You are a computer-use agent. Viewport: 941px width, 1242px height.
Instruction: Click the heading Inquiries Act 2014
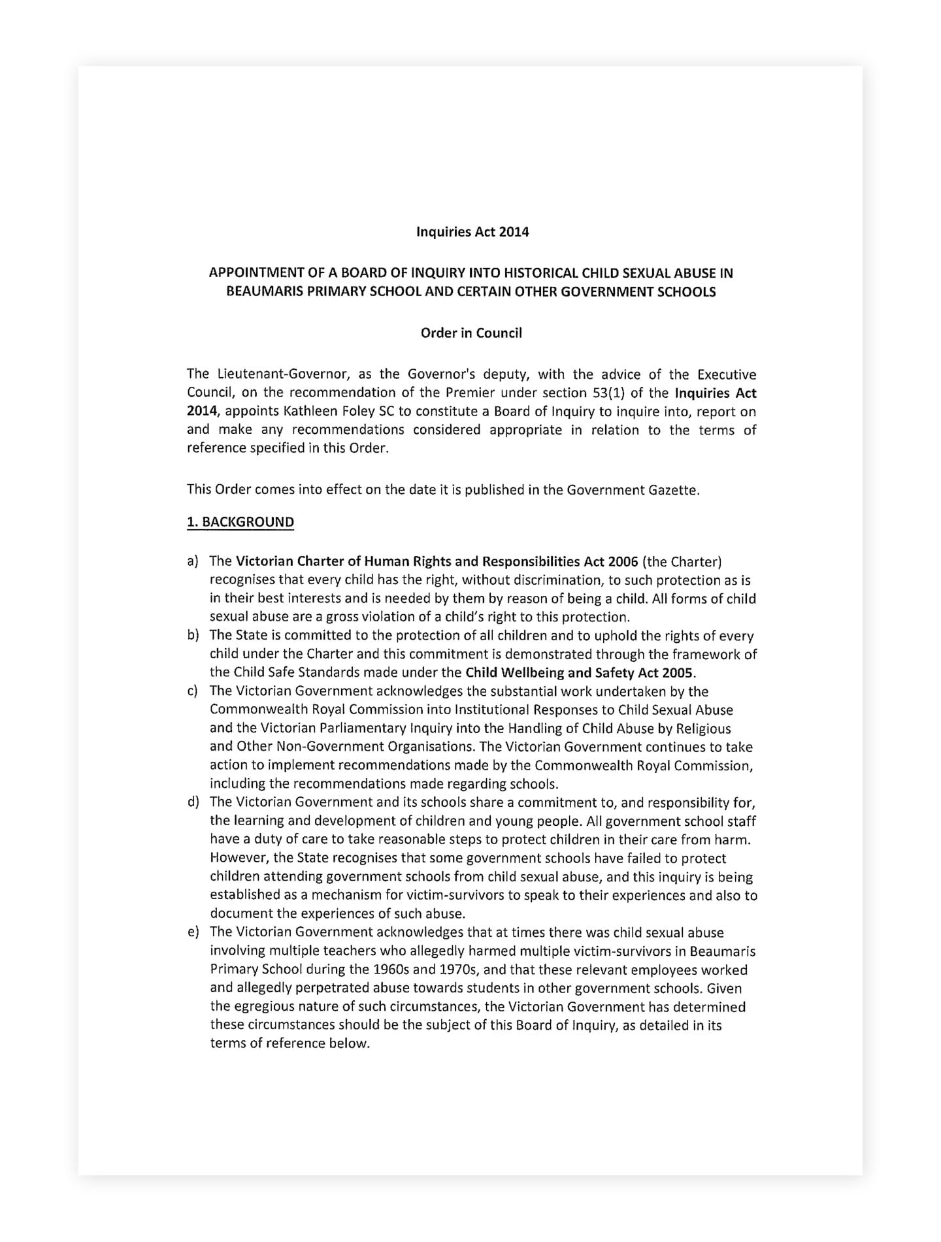point(472,232)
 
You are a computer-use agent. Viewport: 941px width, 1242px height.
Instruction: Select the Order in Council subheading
point(470,333)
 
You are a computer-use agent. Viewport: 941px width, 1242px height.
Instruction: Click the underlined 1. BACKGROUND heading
point(240,522)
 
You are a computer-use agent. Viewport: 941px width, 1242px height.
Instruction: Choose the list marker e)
point(193,933)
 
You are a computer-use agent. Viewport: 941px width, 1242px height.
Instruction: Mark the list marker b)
point(193,636)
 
